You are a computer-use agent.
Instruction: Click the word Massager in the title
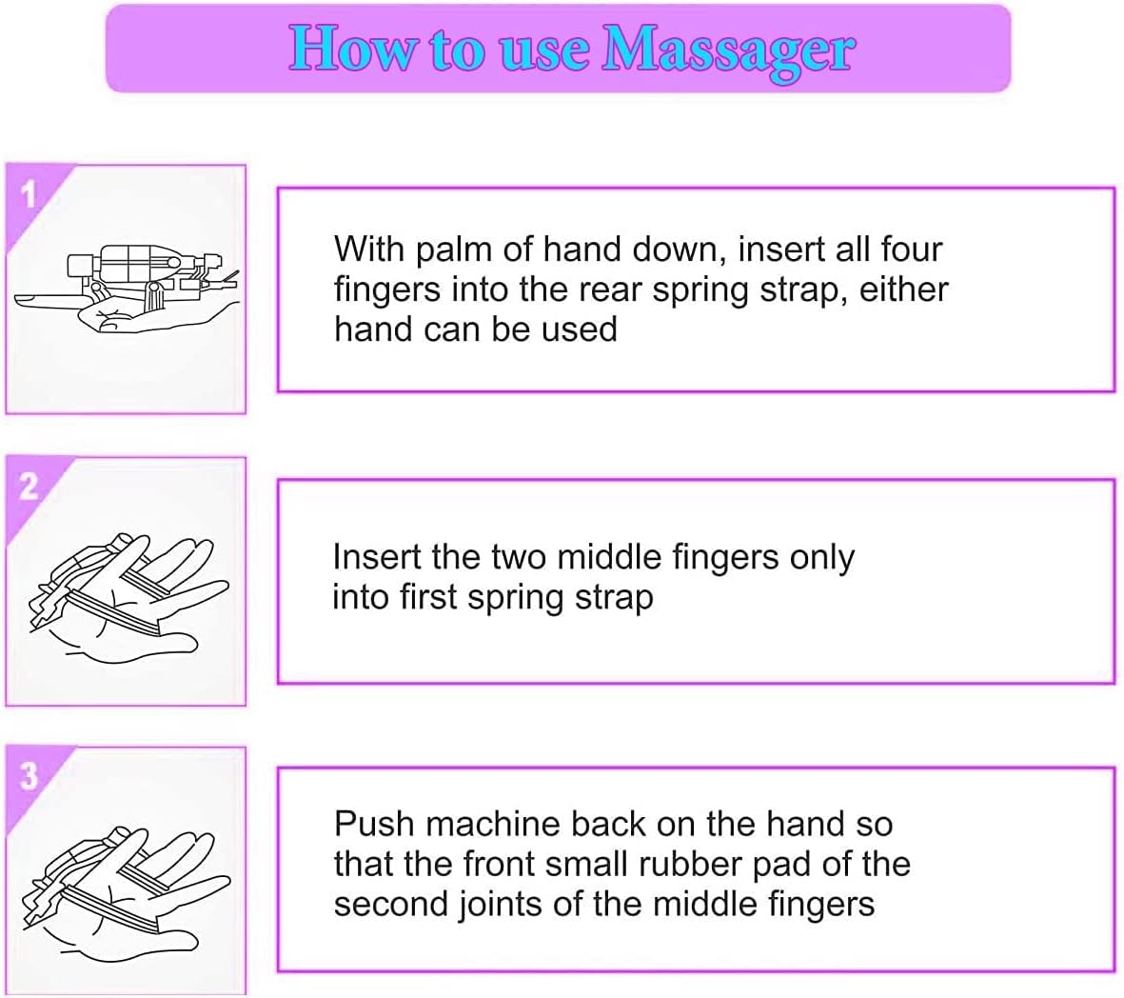[728, 50]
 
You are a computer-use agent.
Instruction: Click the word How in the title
[351, 48]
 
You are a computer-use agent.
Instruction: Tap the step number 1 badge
[29, 194]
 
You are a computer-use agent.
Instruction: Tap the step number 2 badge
[29, 486]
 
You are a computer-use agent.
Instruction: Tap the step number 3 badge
[29, 776]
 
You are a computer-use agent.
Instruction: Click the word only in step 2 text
[822, 558]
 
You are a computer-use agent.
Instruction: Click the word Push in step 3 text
[374, 824]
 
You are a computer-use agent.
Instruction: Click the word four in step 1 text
[911, 249]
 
